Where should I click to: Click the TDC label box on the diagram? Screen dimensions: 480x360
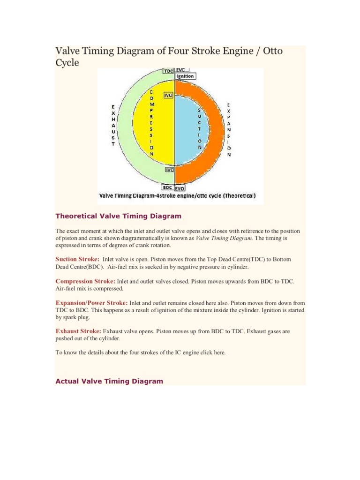[168, 71]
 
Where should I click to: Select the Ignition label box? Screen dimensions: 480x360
[185, 76]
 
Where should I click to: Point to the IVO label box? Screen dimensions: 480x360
[169, 95]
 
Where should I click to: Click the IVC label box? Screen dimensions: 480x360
[169, 170]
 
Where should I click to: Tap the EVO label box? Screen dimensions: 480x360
[180, 188]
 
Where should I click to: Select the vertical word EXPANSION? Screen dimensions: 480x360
[228, 129]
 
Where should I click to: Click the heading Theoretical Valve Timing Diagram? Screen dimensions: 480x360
[118, 216]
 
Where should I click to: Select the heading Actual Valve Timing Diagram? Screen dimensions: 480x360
[109, 381]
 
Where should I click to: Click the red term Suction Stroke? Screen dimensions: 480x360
[77, 259]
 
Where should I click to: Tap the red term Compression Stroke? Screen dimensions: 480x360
[85, 281]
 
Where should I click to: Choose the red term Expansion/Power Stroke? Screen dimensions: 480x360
[91, 303]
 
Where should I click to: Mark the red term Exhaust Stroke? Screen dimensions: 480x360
[78, 331]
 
